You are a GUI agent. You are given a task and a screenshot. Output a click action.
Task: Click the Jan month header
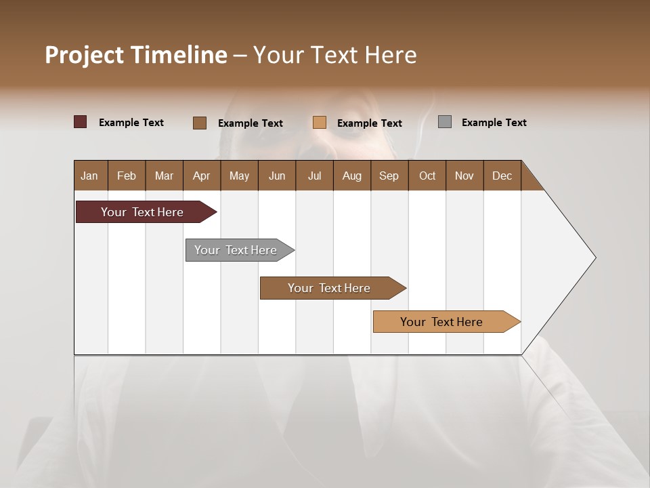pyautogui.click(x=89, y=176)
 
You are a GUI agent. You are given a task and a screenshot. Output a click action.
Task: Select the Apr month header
pyautogui.click(x=201, y=176)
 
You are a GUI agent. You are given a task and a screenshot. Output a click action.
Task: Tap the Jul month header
pyautogui.click(x=314, y=176)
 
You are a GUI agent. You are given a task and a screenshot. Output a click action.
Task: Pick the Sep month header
pyautogui.click(x=389, y=176)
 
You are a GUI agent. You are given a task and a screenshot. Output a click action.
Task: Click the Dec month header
pyautogui.click(x=502, y=176)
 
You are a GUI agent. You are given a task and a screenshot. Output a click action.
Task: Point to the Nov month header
pyautogui.click(x=464, y=176)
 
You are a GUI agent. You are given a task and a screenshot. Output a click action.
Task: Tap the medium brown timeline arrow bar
pyautogui.click(x=330, y=288)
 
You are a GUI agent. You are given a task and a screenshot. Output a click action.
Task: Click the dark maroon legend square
pyautogui.click(x=80, y=122)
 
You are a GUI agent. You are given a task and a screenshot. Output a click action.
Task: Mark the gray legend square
pyautogui.click(x=444, y=122)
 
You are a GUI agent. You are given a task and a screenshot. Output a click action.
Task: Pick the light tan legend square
pyautogui.click(x=320, y=123)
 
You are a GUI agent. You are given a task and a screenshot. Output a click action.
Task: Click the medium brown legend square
pyautogui.click(x=199, y=123)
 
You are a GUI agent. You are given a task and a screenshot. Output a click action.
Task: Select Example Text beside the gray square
pyautogui.click(x=494, y=123)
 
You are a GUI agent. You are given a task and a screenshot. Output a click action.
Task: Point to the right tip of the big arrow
pyautogui.click(x=594, y=258)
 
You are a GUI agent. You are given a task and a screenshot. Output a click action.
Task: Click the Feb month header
pyautogui.click(x=127, y=176)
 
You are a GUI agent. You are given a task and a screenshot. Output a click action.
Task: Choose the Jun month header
pyautogui.click(x=276, y=176)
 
